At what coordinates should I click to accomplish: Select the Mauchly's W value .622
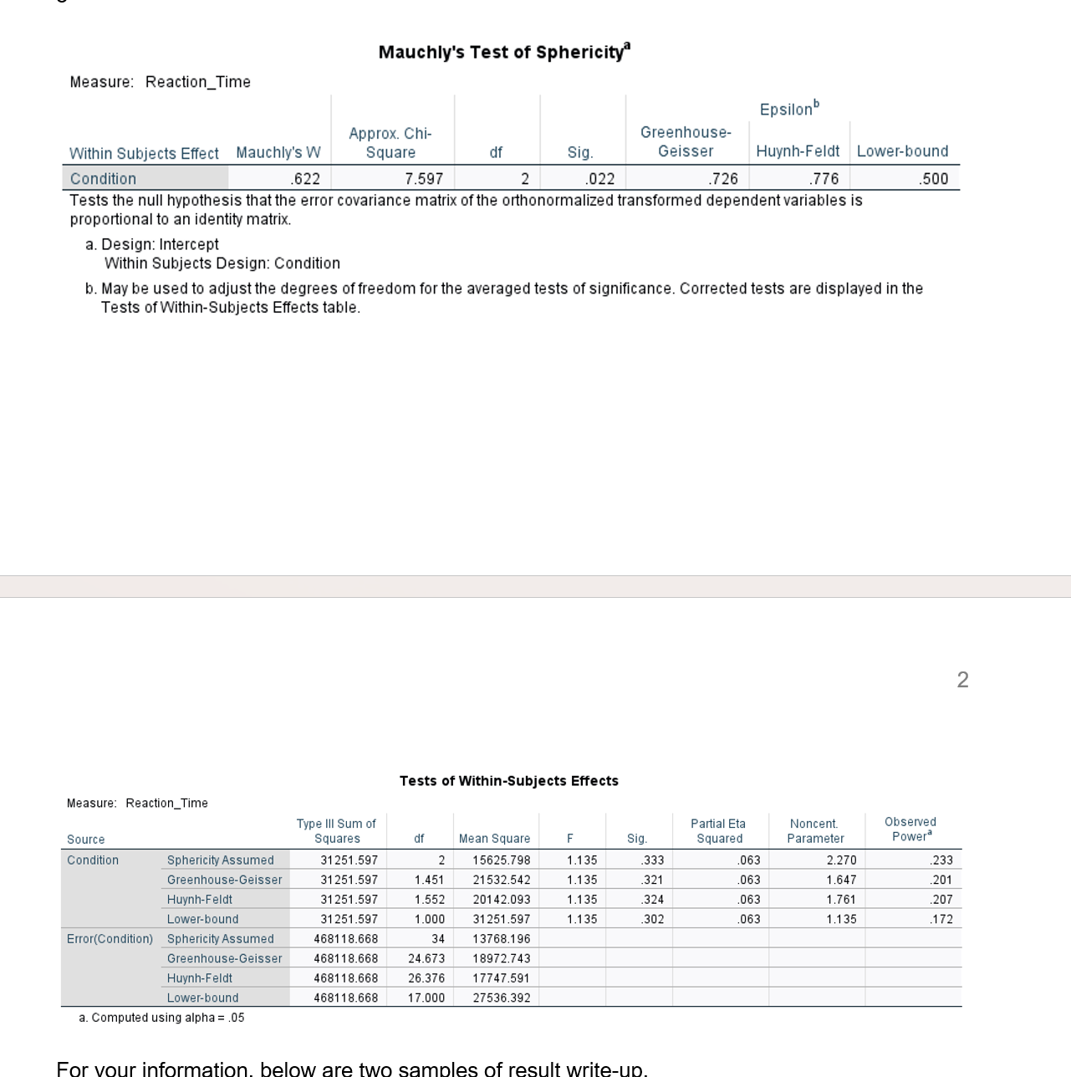(305, 179)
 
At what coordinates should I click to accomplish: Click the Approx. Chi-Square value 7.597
(424, 179)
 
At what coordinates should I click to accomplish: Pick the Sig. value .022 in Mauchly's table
(600, 179)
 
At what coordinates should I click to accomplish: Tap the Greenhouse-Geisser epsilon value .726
(723, 179)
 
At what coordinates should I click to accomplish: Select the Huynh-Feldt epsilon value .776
(824, 179)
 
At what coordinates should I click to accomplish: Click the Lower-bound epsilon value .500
(933, 179)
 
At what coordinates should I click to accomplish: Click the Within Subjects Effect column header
(144, 153)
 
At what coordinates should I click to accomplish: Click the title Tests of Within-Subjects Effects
(508, 781)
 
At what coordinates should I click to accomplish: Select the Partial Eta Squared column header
(719, 831)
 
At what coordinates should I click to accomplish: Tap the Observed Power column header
(910, 829)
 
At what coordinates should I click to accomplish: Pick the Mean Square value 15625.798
(501, 860)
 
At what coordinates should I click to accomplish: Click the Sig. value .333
(652, 860)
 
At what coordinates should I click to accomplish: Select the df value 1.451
(429, 880)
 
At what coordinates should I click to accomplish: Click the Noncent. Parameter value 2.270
(841, 860)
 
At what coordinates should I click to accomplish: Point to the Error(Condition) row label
(110, 939)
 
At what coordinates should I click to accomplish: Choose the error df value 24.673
(426, 958)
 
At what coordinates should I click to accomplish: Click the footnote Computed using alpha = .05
(161, 1018)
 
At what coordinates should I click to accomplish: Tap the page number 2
(962, 680)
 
